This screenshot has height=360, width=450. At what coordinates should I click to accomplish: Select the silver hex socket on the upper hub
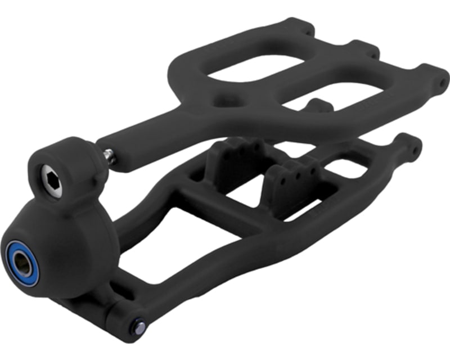click(x=51, y=181)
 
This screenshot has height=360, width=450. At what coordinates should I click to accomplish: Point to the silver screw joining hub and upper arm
click(x=109, y=155)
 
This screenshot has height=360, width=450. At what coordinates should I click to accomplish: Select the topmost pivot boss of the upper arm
click(x=298, y=25)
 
